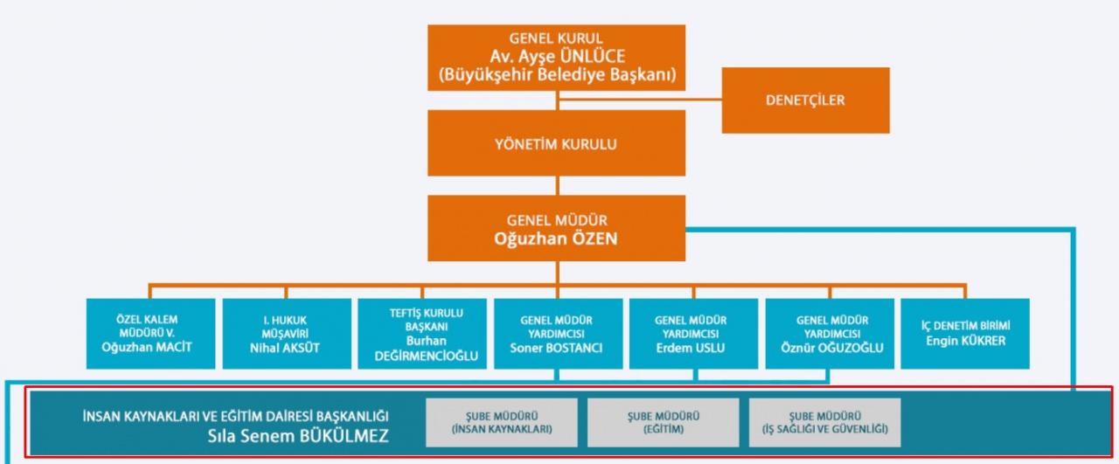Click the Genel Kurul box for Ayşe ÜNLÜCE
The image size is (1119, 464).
click(x=557, y=58)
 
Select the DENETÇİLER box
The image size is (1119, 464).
click(x=805, y=100)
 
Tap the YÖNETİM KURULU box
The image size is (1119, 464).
click(x=557, y=144)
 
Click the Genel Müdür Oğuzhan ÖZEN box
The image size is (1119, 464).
click(x=557, y=229)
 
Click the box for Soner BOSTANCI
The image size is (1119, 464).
click(x=557, y=332)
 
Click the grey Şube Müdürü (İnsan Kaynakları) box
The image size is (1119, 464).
click(x=502, y=422)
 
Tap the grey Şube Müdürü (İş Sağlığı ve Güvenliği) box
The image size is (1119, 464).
click(x=825, y=422)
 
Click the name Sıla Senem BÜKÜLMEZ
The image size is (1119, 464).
click(x=296, y=435)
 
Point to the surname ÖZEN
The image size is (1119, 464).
click(x=592, y=238)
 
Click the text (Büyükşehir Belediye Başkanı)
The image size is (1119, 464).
click(x=557, y=75)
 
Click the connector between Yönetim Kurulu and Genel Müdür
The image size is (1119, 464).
click(x=557, y=185)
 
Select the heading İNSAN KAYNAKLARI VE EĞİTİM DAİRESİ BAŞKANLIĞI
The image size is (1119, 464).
click(x=233, y=416)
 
